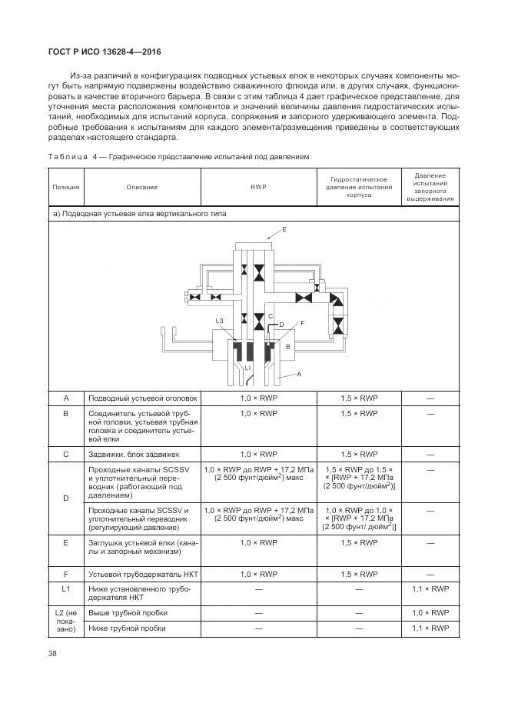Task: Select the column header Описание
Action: (142, 187)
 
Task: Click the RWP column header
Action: (258, 187)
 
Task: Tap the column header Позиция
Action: (65, 187)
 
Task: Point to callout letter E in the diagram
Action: (284, 230)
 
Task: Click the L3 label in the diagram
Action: (219, 321)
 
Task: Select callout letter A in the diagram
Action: (299, 373)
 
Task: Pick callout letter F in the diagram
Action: (302, 323)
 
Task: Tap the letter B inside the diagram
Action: (287, 347)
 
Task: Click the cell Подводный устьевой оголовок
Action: (143, 398)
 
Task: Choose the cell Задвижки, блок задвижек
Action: (134, 454)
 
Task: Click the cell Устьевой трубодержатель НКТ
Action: (140, 574)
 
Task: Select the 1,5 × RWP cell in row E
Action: (359, 542)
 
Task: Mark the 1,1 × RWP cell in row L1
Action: (430, 590)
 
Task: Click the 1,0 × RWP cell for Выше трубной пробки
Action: (430, 612)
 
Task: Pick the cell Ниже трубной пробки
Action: (128, 628)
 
